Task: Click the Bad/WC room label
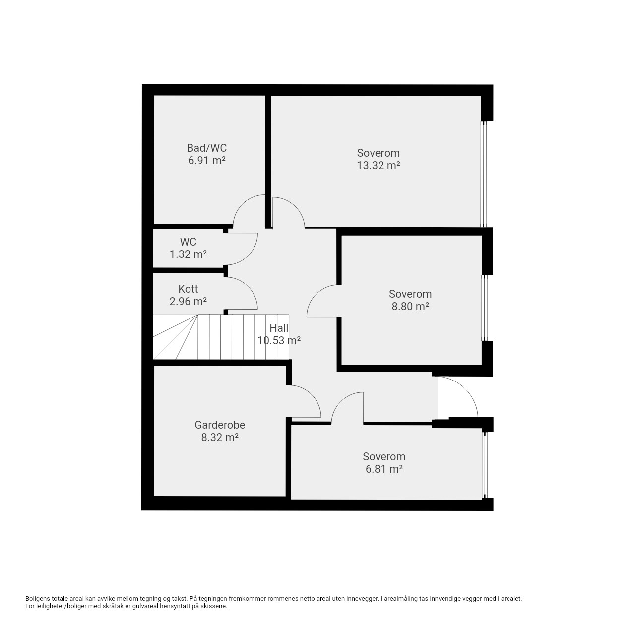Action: (x=206, y=148)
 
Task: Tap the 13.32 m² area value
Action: (x=379, y=165)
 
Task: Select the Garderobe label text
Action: (x=220, y=425)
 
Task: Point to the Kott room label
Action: (x=188, y=289)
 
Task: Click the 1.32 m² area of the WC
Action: (x=188, y=254)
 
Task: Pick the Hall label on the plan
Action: (x=279, y=328)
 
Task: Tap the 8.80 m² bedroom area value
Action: (x=410, y=306)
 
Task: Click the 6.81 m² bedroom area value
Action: (x=384, y=469)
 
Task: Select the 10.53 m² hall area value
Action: (x=279, y=340)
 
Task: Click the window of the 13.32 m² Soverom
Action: (x=484, y=174)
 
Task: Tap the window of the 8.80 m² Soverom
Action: (x=484, y=308)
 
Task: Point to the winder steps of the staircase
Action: (x=175, y=337)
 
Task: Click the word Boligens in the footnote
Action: (x=38, y=599)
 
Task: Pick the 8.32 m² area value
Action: (x=220, y=437)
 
